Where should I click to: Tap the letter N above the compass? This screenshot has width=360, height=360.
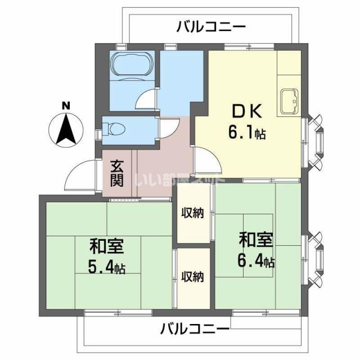click(66, 105)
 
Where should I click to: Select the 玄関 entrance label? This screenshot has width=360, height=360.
click(117, 173)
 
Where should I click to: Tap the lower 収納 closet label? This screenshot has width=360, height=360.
click(192, 276)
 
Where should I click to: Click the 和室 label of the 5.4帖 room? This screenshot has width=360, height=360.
click(106, 246)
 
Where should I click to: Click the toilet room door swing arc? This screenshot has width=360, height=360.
click(169, 128)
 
